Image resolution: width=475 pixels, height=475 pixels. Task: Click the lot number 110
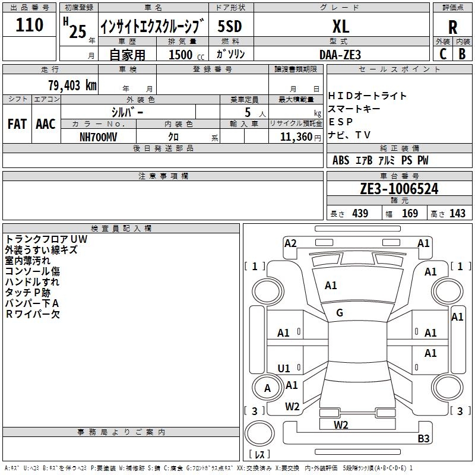coord(29,25)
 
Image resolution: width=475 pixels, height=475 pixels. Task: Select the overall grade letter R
coord(452,27)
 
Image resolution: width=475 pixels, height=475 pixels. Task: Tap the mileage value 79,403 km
coord(72,85)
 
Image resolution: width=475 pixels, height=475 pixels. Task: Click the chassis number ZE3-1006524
coord(399,188)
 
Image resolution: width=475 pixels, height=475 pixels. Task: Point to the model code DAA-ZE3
coord(340,55)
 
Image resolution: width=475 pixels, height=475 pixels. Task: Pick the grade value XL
coord(341,27)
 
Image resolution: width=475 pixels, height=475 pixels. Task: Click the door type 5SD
coord(230,26)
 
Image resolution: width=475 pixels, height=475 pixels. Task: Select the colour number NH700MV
coord(98,137)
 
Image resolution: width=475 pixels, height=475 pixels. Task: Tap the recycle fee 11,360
coord(296,137)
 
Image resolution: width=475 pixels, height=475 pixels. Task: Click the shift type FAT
coord(17,124)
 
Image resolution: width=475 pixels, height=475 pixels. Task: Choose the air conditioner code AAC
coord(46,124)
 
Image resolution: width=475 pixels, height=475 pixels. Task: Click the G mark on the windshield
coord(340,313)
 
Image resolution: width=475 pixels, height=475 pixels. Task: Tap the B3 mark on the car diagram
coord(423,438)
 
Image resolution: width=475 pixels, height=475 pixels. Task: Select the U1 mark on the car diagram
coord(284,368)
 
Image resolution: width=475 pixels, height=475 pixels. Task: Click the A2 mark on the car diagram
coord(290,243)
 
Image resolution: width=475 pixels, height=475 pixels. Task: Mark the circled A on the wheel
coord(268,388)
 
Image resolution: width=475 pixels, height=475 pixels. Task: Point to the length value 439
coord(360,213)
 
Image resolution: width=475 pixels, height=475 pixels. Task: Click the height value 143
coord(457,213)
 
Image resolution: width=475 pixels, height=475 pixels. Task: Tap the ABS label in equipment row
coord(341,160)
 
